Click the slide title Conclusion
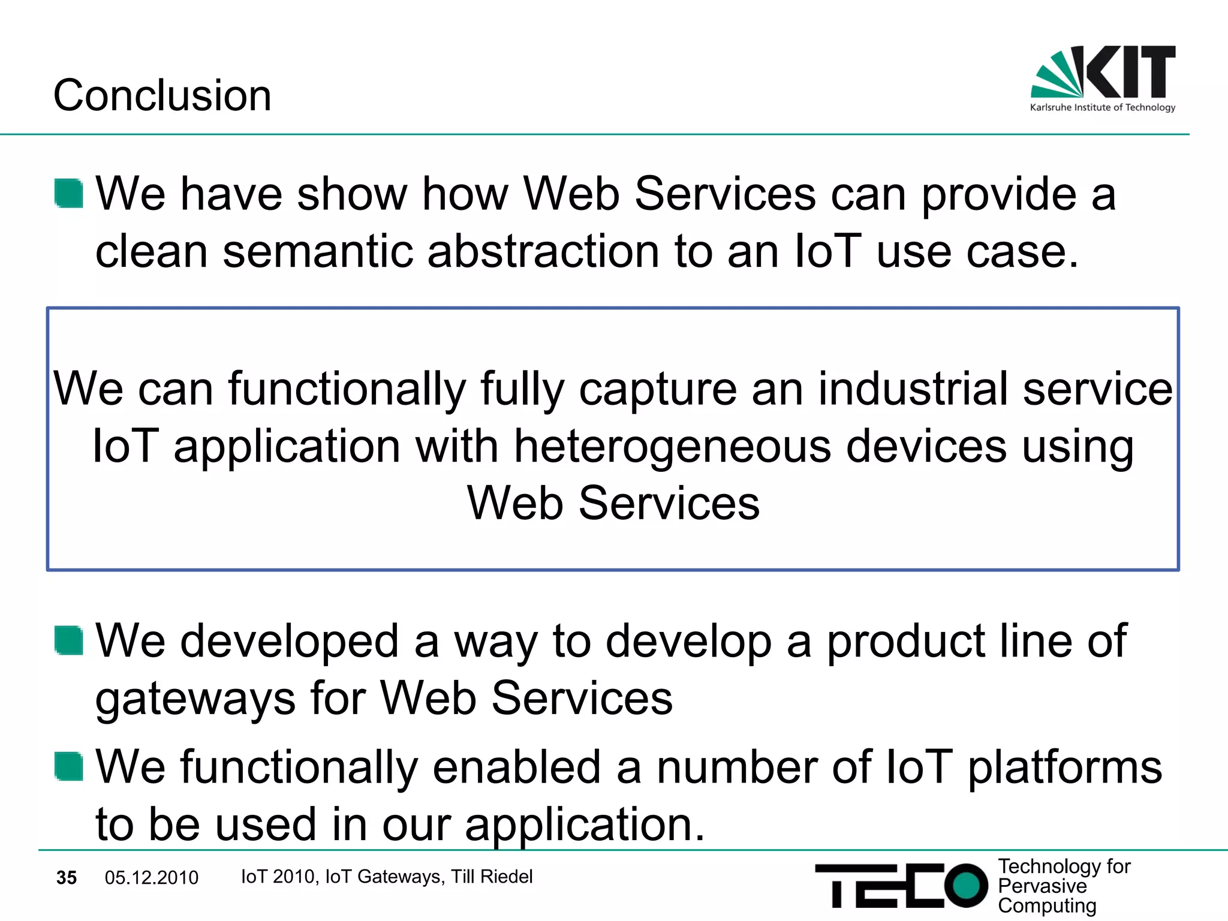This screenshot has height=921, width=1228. pos(162,95)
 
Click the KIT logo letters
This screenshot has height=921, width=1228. pos(1130,71)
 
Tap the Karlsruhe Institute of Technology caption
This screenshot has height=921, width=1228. pos(1102,107)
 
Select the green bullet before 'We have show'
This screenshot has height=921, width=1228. pos(68,193)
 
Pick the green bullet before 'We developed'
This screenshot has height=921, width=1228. pos(68,640)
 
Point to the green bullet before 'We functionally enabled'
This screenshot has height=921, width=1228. pos(68,766)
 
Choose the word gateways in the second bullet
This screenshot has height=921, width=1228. pos(195,699)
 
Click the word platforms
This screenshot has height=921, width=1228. pos(1065,767)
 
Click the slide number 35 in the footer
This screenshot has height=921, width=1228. pos(67,878)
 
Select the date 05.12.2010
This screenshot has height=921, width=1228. pos(151,878)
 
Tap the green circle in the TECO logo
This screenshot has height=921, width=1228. pos(965,885)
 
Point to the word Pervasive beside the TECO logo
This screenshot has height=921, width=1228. pos(1042,886)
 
